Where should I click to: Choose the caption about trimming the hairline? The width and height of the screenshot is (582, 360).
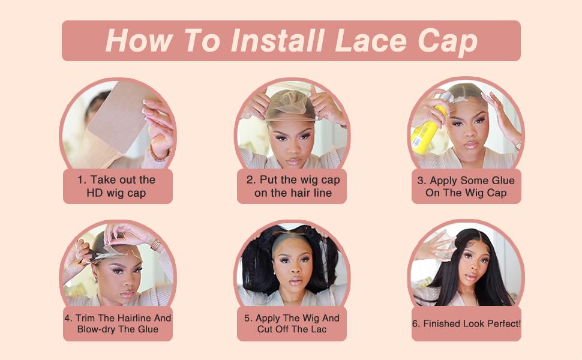click(x=118, y=324)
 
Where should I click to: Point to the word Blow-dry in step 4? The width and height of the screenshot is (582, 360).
click(x=96, y=330)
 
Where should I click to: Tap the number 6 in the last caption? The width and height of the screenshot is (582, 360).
click(x=415, y=323)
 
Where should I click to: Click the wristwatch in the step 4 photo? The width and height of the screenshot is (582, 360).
click(x=156, y=245)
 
